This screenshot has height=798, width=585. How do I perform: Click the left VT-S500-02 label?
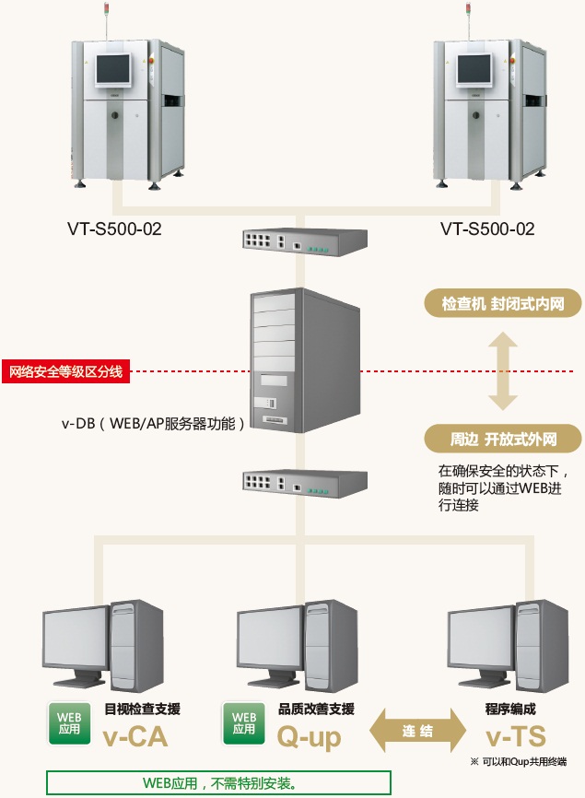click(114, 229)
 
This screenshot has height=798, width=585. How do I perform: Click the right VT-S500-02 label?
click(486, 229)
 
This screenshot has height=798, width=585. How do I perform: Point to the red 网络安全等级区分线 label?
click(65, 372)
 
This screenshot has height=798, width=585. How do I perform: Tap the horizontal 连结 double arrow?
click(416, 732)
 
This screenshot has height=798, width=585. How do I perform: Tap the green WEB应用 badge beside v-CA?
click(69, 722)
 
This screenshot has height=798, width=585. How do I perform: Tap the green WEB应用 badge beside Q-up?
click(244, 722)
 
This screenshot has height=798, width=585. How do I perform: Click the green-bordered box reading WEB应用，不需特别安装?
click(219, 783)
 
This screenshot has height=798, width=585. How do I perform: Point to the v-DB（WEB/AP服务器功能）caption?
click(153, 424)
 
